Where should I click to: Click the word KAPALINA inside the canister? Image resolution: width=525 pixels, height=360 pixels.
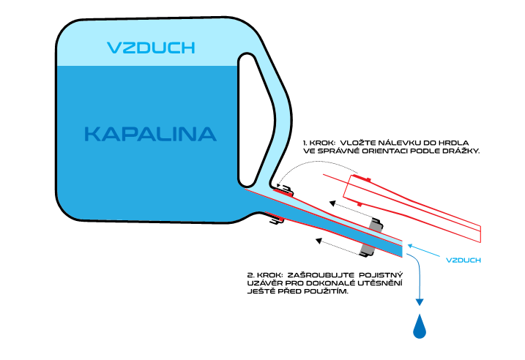tap(150, 134)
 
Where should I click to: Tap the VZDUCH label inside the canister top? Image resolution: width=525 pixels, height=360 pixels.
tap(151, 48)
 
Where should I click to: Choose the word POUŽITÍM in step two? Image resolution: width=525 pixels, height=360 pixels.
tap(323, 291)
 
